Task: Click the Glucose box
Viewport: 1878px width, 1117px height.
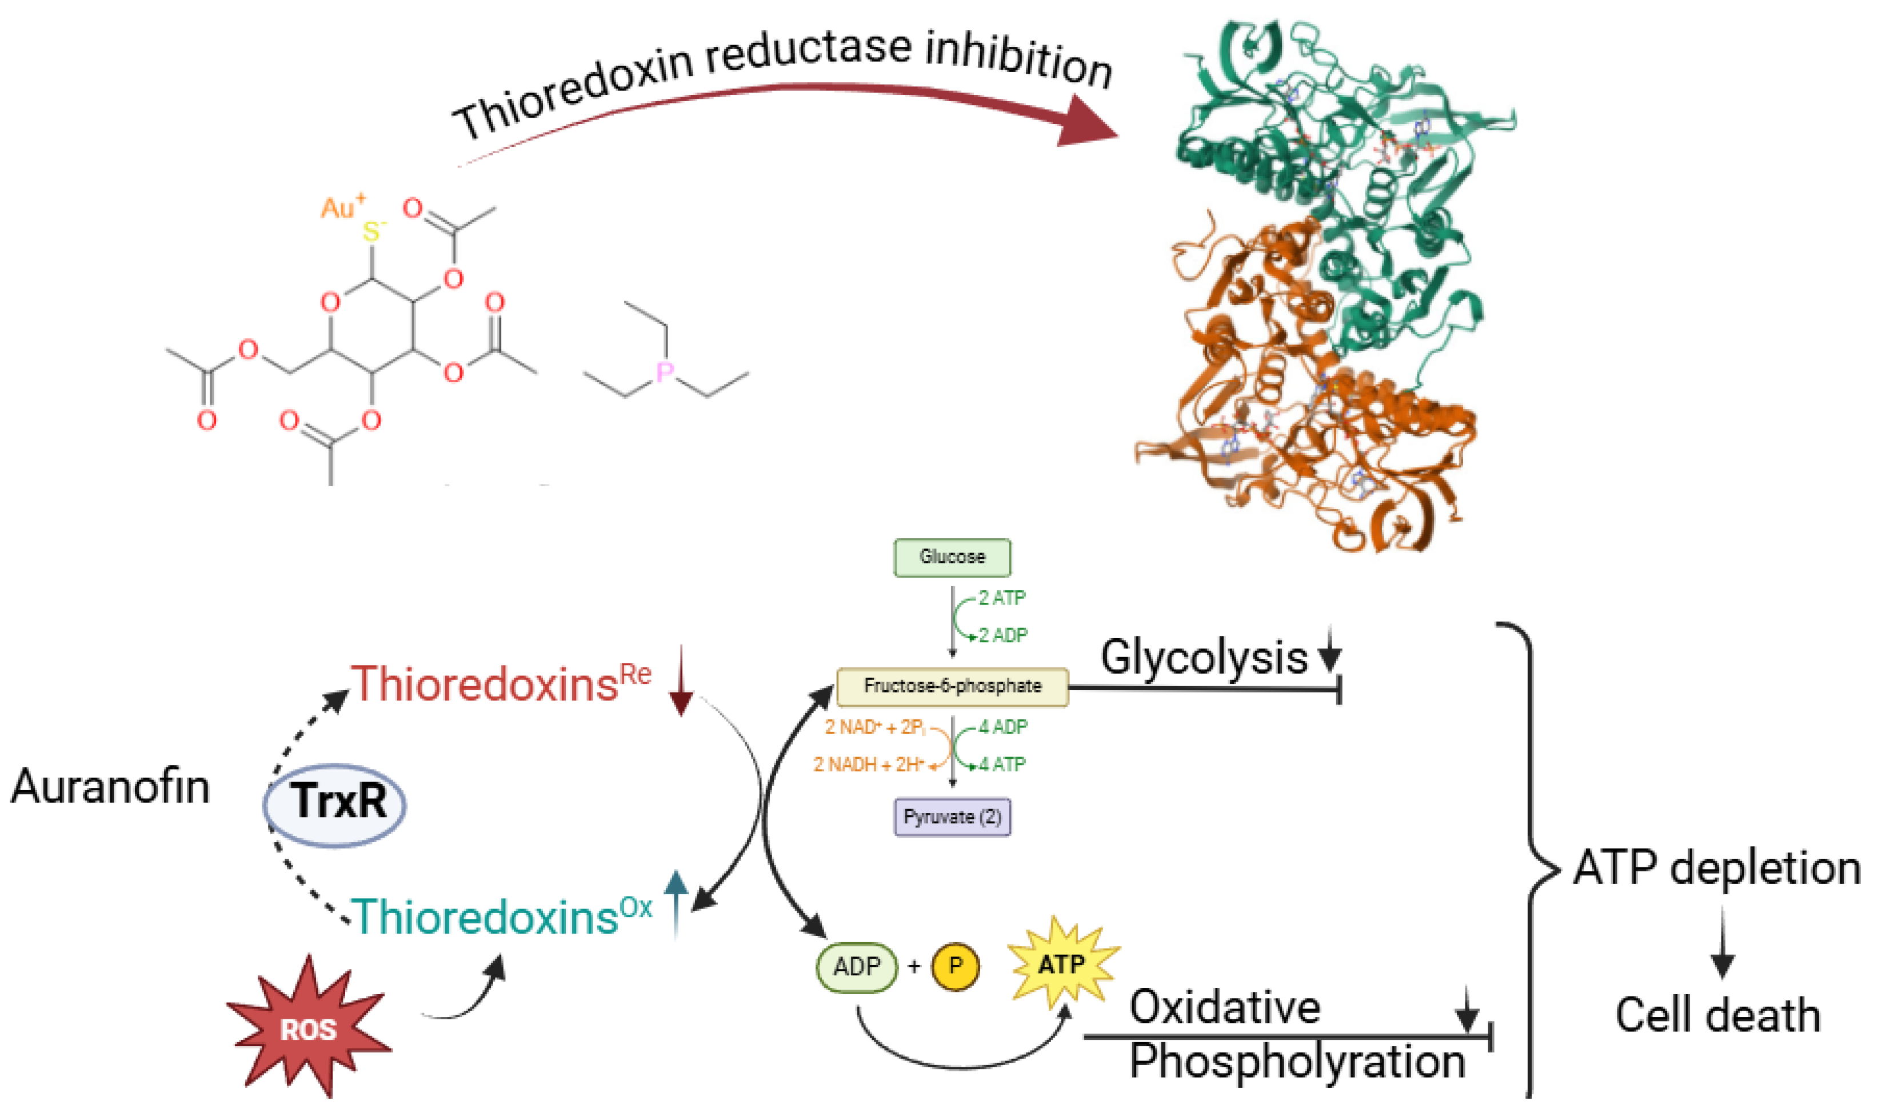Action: click(952, 557)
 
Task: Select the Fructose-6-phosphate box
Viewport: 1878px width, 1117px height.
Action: click(952, 686)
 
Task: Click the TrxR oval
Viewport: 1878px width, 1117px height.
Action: click(335, 802)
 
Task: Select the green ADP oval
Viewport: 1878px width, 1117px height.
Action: click(857, 967)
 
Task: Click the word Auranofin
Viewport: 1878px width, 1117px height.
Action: click(110, 787)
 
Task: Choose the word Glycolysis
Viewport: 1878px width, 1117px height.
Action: click(1204, 657)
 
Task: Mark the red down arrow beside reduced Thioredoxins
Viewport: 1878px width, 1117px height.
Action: click(681, 681)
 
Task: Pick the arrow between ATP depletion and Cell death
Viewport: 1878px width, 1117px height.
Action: click(1722, 944)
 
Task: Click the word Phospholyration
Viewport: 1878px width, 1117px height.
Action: click(1297, 1062)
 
